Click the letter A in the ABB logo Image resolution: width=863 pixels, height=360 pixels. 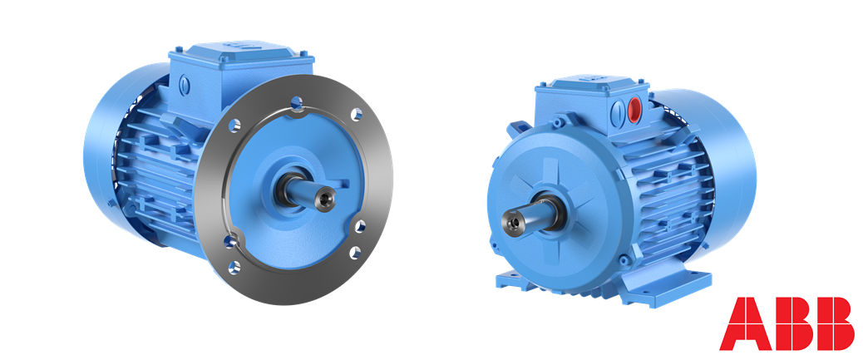click(x=746, y=323)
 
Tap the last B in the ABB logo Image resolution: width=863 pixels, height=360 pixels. click(x=836, y=323)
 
